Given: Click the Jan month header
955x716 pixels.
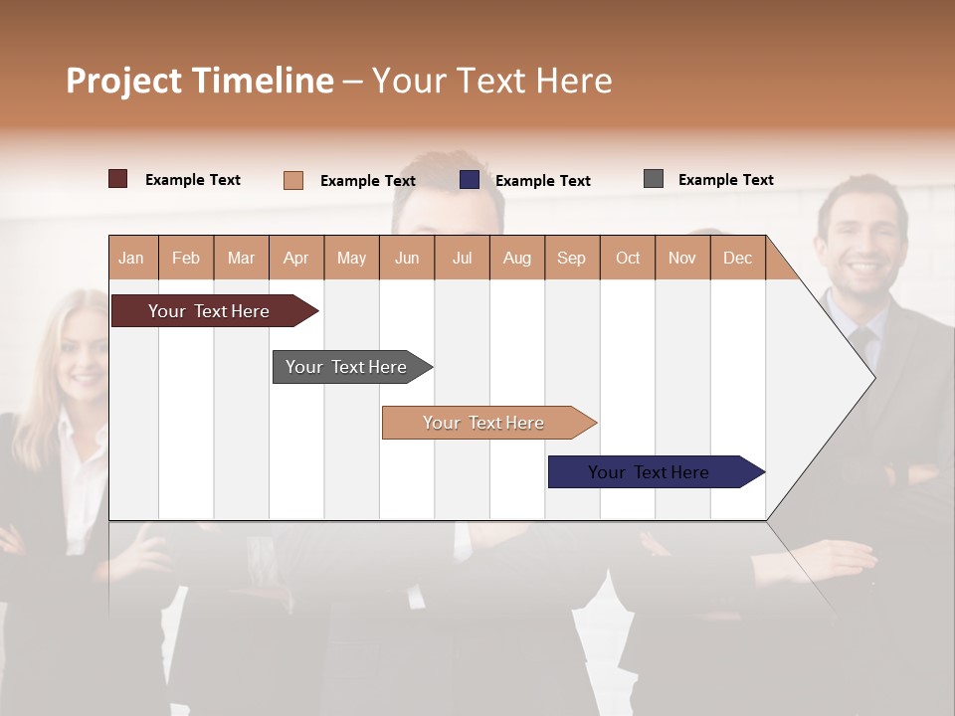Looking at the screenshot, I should click(x=131, y=259).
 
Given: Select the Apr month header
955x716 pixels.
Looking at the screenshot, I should click(x=296, y=259).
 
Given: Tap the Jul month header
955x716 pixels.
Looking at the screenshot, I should click(x=462, y=259).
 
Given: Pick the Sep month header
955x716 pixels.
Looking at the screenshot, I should click(x=571, y=259).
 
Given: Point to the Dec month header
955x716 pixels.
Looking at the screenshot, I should click(x=737, y=259).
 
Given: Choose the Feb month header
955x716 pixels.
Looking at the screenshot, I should click(x=186, y=259).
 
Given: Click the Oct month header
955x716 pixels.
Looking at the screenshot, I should click(x=628, y=259).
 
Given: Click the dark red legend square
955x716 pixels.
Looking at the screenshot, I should click(x=118, y=179).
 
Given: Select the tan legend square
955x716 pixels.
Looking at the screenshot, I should click(x=293, y=180).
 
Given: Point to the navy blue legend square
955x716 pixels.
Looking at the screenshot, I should click(x=470, y=180).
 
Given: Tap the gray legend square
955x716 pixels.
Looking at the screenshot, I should click(x=654, y=179).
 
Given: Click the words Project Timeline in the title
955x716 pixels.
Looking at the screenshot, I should click(x=200, y=81).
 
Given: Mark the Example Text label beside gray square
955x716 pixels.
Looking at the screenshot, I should click(x=725, y=180).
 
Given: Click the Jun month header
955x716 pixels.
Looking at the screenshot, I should click(x=407, y=259).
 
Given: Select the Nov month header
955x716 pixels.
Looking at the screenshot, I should click(x=682, y=259).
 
